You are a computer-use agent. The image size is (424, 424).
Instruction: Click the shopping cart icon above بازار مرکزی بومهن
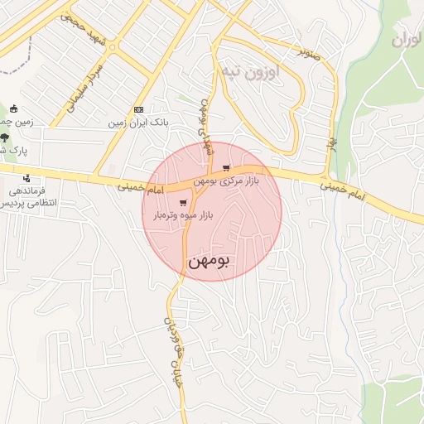tap(226, 168)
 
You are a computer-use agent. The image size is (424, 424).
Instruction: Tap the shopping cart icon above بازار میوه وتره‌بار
tap(182, 202)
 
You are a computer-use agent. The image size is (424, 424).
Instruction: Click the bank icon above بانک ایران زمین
tap(138, 110)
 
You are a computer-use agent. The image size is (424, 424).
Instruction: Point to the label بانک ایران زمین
tap(138, 123)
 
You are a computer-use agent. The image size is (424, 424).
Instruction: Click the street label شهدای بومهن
tap(205, 126)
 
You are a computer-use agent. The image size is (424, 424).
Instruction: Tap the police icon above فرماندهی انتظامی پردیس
tap(27, 177)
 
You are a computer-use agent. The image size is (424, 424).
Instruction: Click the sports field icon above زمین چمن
tap(14, 109)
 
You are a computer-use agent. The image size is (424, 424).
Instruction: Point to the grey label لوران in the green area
tap(407, 39)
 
